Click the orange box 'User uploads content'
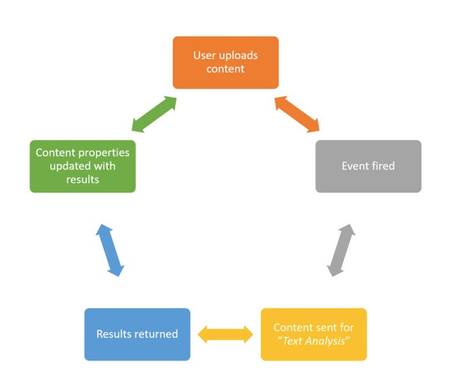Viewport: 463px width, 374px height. coord(225,62)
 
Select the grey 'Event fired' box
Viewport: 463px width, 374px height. coord(368,166)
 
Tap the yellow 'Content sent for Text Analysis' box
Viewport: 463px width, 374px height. coord(313,334)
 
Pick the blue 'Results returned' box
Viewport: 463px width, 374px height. coord(137,334)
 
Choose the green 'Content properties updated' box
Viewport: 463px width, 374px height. coord(82,166)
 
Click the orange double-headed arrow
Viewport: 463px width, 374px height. coord(297,115)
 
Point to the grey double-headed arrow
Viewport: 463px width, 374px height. coord(341,250)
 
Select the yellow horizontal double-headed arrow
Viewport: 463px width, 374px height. coord(225,334)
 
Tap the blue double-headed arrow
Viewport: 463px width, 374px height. coord(109,250)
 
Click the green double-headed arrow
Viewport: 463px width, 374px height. coord(153,115)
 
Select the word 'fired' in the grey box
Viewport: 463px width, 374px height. coord(383,166)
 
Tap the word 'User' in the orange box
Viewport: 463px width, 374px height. coord(205,55)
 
